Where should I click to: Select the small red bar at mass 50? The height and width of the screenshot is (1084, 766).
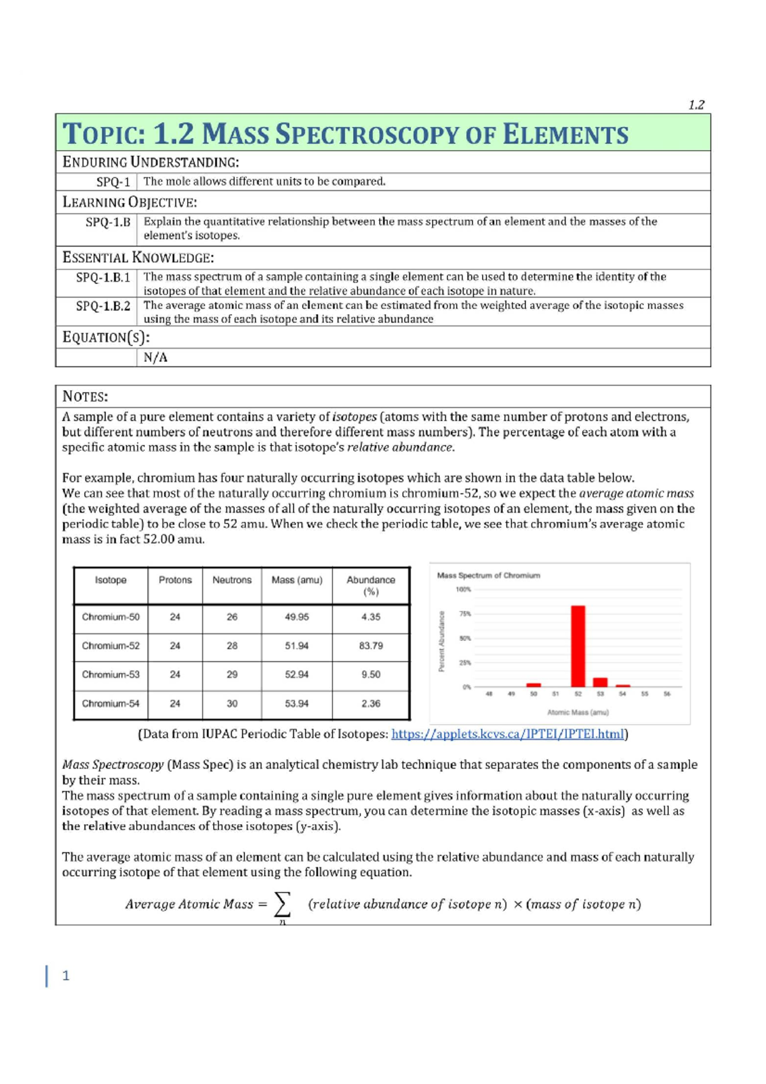[534, 685]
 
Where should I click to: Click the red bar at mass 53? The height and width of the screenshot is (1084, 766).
[600, 682]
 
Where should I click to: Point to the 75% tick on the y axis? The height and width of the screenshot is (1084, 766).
[465, 614]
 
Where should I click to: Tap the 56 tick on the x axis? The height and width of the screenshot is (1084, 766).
[666, 694]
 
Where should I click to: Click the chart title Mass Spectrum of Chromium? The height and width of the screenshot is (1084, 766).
[488, 575]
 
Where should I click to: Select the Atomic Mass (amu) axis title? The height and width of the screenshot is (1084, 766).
[578, 712]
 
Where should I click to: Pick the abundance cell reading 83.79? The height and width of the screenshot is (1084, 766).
[370, 645]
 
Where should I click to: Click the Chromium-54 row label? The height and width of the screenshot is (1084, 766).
[110, 704]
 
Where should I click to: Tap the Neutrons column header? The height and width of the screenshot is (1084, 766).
[232, 580]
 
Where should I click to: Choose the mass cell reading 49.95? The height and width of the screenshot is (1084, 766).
[296, 617]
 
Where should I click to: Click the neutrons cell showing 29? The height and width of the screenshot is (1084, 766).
[232, 674]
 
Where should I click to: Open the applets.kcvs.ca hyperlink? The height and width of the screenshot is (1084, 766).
[507, 734]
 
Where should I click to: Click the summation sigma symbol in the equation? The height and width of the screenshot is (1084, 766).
[282, 903]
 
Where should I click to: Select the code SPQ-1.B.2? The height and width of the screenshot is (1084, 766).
[103, 306]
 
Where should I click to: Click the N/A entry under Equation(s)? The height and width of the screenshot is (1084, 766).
[155, 358]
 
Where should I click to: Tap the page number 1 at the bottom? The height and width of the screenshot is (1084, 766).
[66, 975]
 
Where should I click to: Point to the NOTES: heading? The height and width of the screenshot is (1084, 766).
[85, 396]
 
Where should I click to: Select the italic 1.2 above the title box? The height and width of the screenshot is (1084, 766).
[696, 105]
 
